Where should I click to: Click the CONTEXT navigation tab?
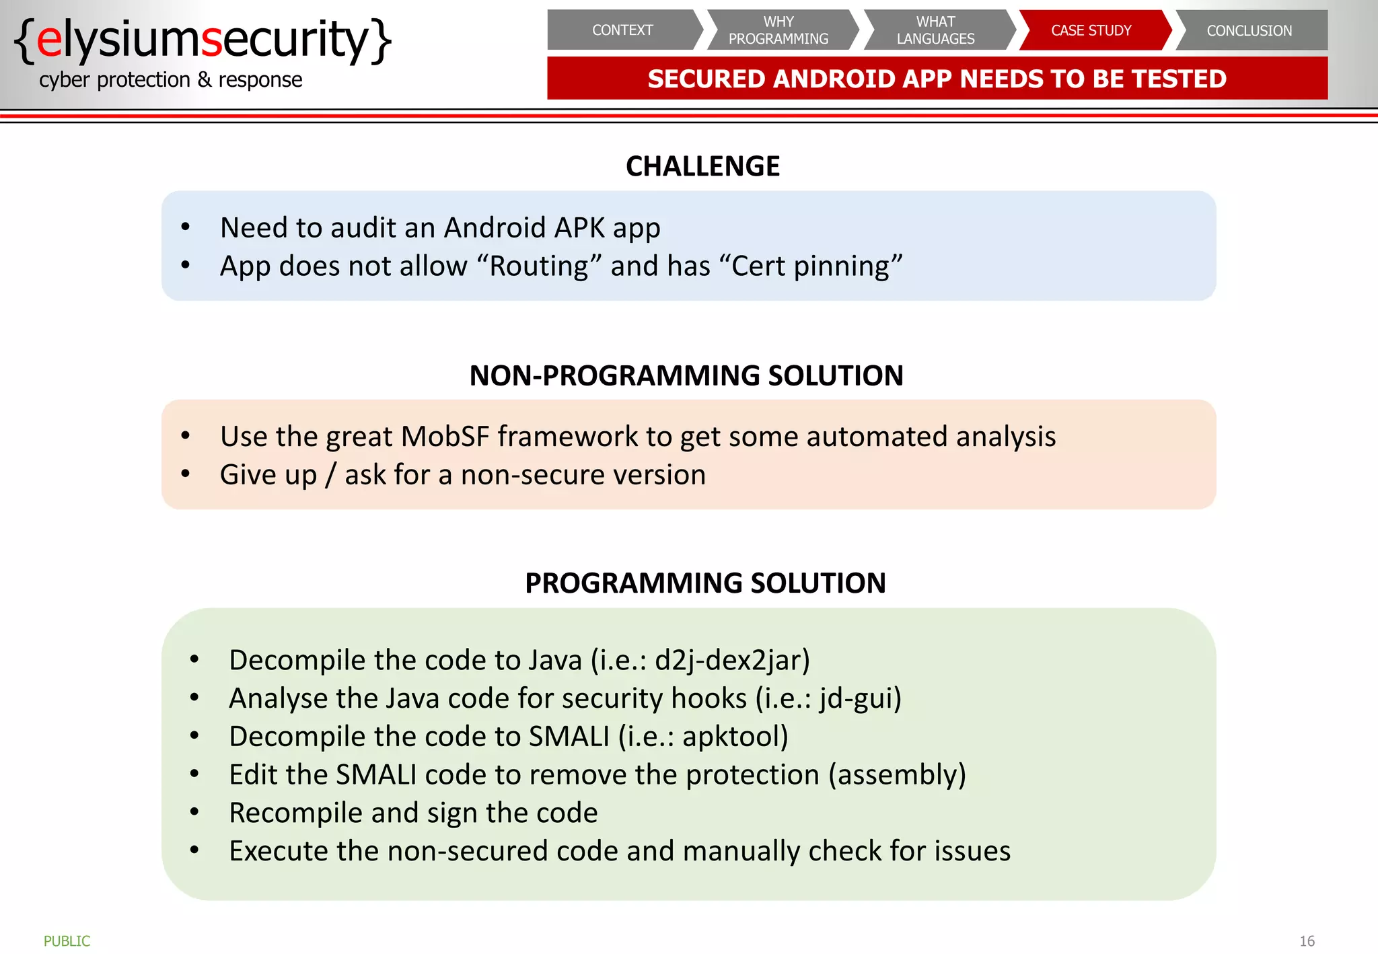pyautogui.click(x=622, y=30)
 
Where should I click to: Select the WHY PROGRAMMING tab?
pyautogui.click(x=778, y=30)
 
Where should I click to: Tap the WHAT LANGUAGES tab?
pyautogui.click(x=935, y=30)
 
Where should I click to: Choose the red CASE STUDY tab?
pyautogui.click(x=1091, y=30)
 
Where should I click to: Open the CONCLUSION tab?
pyautogui.click(x=1249, y=30)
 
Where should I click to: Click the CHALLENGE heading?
pyautogui.click(x=702, y=166)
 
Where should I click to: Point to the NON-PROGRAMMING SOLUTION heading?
pyautogui.click(x=686, y=375)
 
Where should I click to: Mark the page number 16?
pyautogui.click(x=1307, y=941)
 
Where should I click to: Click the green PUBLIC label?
pyautogui.click(x=67, y=941)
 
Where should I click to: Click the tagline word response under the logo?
pyautogui.click(x=260, y=80)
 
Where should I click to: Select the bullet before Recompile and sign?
pyautogui.click(x=194, y=813)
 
